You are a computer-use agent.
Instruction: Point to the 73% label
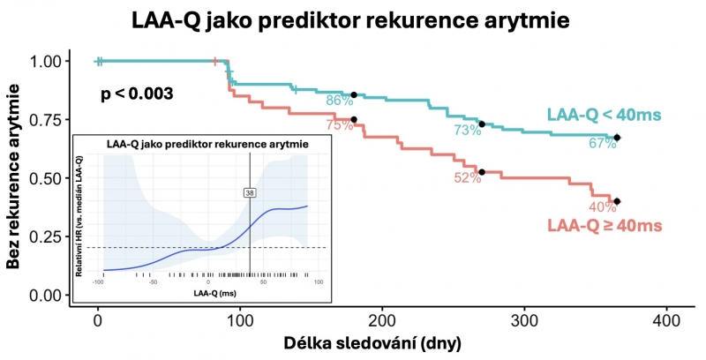click(x=468, y=131)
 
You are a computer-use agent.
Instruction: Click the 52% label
click(x=468, y=177)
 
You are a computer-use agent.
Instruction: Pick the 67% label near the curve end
click(x=603, y=143)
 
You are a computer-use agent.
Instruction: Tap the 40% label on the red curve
click(x=603, y=207)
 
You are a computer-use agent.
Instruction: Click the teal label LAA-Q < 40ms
click(x=605, y=115)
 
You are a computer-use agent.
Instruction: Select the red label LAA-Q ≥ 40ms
click(x=605, y=227)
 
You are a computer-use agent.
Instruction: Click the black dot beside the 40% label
click(x=617, y=201)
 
